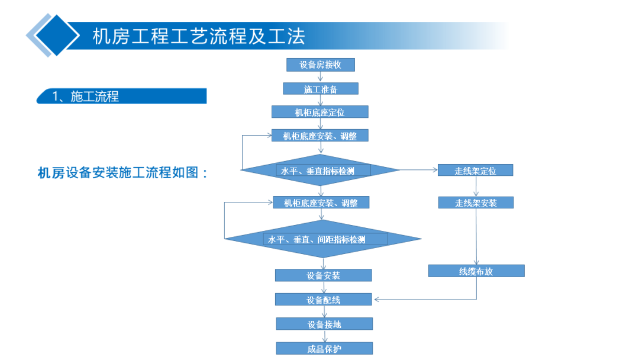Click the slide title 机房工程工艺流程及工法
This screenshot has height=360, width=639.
[199, 36]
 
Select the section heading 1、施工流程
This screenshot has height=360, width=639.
[86, 97]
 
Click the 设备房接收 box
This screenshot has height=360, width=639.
[320, 65]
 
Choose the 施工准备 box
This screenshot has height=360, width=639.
[321, 89]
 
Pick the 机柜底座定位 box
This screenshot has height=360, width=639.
[320, 112]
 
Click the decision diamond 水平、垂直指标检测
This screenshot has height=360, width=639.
[320, 170]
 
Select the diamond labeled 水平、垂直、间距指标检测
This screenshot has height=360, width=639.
[323, 239]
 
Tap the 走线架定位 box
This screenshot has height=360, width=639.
[475, 171]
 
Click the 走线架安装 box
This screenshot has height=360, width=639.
[476, 202]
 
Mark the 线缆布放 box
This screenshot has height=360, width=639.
[476, 271]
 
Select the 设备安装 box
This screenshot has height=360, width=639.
[324, 275]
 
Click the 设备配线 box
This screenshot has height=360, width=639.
[324, 300]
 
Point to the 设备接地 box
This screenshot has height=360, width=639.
[324, 324]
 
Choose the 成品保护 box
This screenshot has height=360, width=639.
[324, 349]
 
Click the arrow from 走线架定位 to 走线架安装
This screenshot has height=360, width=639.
[476, 187]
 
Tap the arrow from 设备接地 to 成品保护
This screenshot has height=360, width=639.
[325, 336]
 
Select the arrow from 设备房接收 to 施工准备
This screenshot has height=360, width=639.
[320, 76]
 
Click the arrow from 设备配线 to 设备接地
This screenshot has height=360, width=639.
[324, 311]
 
